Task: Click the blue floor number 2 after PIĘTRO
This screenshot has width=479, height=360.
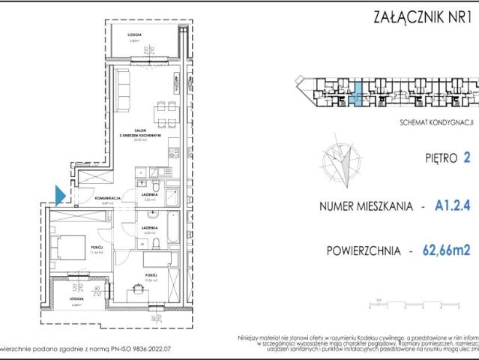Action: (x=468, y=158)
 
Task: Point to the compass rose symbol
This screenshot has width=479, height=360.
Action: (x=341, y=160)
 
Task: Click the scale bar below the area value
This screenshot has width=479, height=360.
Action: (x=413, y=304)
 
